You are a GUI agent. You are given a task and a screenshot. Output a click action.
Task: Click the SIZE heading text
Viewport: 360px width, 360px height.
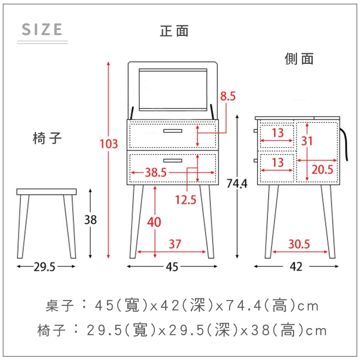[x=42, y=29]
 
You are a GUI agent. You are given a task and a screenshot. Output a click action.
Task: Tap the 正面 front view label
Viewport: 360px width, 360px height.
[x=174, y=31]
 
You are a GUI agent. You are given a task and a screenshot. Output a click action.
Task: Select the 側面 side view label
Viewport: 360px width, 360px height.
[x=299, y=58]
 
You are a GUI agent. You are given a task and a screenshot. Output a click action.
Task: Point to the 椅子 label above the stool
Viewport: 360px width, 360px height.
[x=47, y=138]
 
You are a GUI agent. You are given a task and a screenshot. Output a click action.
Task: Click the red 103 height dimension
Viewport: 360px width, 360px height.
[x=109, y=144]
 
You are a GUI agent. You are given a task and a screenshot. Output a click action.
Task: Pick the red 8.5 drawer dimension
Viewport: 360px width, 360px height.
[x=228, y=96]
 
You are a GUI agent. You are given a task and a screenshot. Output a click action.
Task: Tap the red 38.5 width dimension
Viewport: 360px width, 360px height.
[x=156, y=172]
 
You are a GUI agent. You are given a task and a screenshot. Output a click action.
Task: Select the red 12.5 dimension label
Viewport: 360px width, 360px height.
[x=186, y=200]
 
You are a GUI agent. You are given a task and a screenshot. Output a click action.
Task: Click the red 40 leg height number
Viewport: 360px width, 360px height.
[x=154, y=222]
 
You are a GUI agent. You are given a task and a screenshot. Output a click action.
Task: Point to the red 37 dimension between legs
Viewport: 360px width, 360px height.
[x=175, y=244]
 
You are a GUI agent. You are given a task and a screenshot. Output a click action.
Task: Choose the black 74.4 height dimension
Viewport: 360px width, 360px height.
[x=237, y=184]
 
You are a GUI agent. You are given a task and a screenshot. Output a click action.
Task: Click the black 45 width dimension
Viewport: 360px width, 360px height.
[x=172, y=267]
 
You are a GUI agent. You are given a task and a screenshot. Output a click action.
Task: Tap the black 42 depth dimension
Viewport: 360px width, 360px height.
[x=296, y=267]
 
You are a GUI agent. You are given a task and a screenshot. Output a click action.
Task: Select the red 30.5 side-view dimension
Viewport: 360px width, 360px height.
[x=299, y=244]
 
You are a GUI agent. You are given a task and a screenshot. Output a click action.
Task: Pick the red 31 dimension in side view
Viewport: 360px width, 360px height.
[x=307, y=141]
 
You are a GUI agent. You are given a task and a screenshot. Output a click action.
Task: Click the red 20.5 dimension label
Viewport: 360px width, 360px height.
[x=322, y=170]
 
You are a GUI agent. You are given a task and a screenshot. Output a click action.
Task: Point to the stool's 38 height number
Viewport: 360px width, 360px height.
[x=90, y=220]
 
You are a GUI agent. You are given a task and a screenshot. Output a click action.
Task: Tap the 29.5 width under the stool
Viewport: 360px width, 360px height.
[x=45, y=267]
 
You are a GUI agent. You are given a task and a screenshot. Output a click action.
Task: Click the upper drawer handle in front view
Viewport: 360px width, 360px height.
[x=173, y=131]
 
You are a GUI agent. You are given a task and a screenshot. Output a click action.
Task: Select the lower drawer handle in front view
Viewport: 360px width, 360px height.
[x=173, y=161]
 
